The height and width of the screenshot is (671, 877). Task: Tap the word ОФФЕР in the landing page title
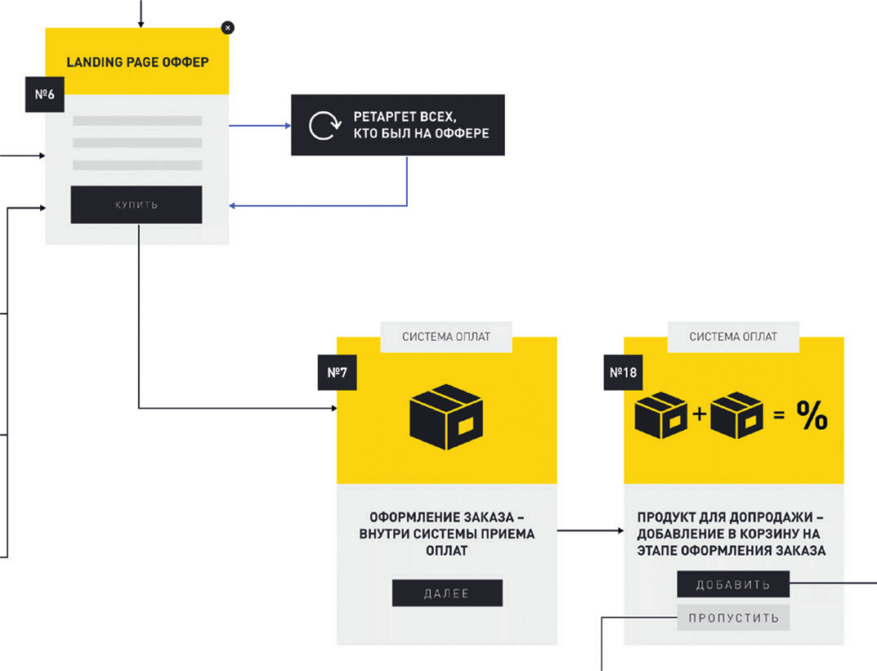pos(184,62)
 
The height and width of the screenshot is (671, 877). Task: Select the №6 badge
pos(45,94)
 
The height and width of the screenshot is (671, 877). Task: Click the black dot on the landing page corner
pos(228,28)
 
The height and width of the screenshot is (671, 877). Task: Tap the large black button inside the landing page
pos(136,204)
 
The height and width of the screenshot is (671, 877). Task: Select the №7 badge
pos(337,373)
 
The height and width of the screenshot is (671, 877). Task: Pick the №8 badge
pos(623,373)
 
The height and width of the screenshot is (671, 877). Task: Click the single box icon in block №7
pos(446,416)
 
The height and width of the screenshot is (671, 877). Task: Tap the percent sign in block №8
pos(812,418)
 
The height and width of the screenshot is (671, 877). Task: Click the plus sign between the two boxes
pos(699,415)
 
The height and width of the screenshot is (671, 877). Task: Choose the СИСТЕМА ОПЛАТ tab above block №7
pos(446,337)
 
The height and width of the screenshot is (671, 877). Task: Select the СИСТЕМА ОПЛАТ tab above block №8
pos(733,337)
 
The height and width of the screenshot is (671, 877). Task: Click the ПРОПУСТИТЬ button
pos(733,619)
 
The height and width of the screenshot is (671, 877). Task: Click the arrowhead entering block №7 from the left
pos(331,407)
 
